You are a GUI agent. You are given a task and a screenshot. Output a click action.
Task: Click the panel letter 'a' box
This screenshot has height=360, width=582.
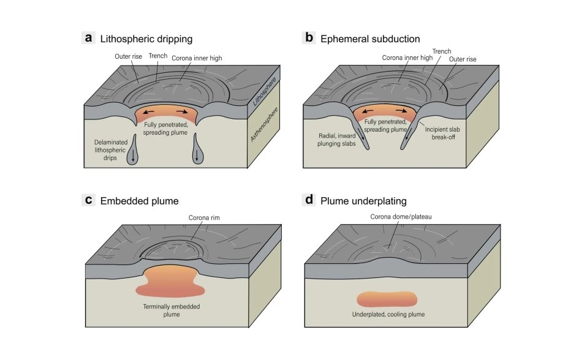point(89,38)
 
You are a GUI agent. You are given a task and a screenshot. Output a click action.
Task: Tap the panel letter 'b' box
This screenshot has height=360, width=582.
point(309,38)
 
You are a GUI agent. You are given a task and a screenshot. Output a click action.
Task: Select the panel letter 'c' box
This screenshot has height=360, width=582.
point(89,200)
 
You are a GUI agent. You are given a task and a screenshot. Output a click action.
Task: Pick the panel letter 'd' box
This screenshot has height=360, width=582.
point(309,200)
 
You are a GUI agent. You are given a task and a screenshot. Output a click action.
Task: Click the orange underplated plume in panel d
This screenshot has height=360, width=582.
point(388,299)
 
